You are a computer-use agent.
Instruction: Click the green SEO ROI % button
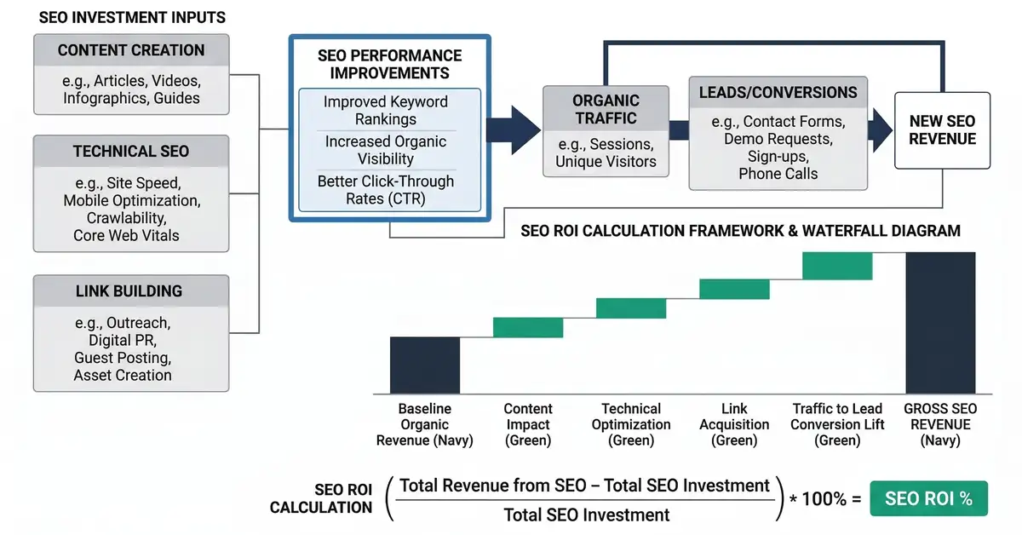pos(928,499)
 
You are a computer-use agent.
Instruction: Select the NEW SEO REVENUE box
pos(942,130)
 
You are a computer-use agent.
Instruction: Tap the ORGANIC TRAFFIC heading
pos(606,109)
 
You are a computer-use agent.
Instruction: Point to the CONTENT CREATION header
pos(131,50)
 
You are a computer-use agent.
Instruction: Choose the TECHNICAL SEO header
pos(131,152)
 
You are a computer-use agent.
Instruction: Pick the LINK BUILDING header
pos(131,292)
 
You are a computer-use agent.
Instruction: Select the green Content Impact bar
pos(528,327)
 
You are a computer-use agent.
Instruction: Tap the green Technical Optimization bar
pos(631,308)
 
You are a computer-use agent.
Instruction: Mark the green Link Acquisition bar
pos(734,289)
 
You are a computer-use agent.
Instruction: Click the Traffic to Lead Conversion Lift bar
pos(837,266)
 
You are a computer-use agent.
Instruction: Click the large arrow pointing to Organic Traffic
pos(515,130)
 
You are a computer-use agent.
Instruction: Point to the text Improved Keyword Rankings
pos(386,110)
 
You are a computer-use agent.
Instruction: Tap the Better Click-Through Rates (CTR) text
pos(386,190)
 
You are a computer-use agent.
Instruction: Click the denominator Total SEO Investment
pos(587,514)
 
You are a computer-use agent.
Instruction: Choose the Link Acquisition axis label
pos(734,424)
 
